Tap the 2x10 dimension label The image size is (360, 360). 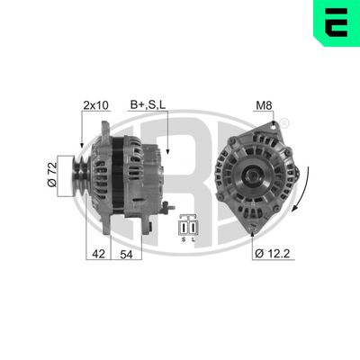point(95,105)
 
